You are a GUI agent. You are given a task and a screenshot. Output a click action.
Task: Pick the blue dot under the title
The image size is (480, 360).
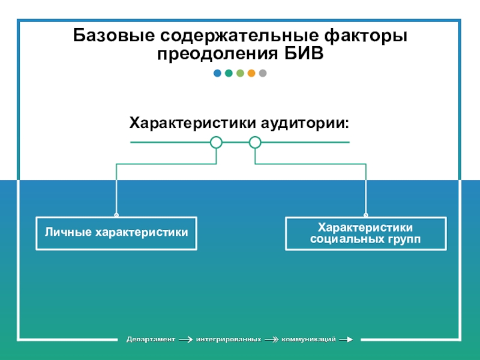pyautogui.click(x=217, y=74)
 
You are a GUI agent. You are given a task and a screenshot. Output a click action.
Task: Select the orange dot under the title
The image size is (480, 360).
pyautogui.click(x=251, y=74)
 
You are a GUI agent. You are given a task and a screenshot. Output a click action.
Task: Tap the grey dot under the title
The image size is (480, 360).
pyautogui.click(x=262, y=74)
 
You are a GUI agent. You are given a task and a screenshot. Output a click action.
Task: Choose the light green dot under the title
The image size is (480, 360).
pyautogui.click(x=240, y=74)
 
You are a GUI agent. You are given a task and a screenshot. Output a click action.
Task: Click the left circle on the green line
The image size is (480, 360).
pyautogui.click(x=217, y=142)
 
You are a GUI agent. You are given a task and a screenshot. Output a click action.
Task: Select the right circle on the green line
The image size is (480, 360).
pyautogui.click(x=255, y=142)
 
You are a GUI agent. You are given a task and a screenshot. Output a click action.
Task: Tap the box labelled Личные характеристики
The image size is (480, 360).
pyautogui.click(x=116, y=233)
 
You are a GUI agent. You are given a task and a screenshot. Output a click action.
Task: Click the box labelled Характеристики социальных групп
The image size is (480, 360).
pyautogui.click(x=365, y=233)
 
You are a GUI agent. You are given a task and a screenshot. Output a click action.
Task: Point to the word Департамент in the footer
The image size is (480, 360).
pyautogui.click(x=150, y=340)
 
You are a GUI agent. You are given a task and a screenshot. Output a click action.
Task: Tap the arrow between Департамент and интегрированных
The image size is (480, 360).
pyautogui.click(x=186, y=340)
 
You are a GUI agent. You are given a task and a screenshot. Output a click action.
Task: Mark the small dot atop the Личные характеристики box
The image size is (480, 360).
pyautogui.click(x=116, y=215)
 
